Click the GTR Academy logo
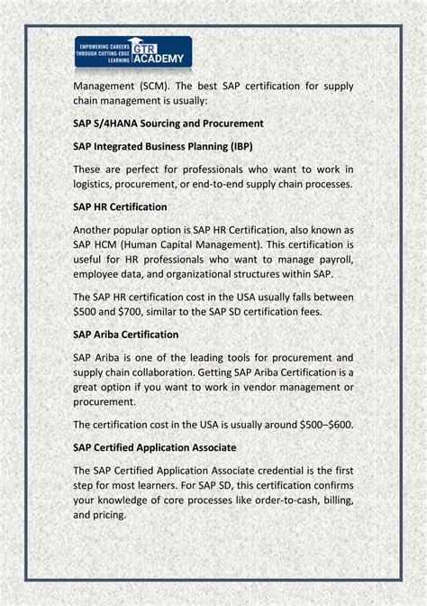(133, 52)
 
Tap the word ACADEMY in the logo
(163, 60)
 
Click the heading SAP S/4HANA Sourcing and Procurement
(168, 123)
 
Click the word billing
(338, 500)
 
